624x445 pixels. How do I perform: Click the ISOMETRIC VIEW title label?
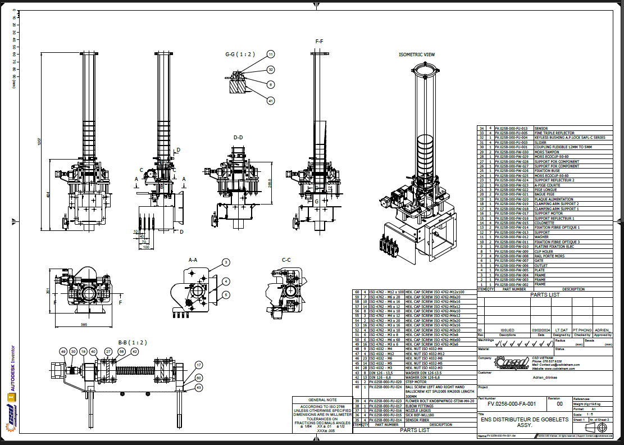pos(417,55)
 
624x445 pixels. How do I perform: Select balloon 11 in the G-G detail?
pos(271,55)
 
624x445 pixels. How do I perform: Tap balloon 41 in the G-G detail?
pos(271,101)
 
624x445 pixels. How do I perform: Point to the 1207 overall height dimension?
pos(39,142)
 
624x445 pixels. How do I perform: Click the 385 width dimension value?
pos(83,324)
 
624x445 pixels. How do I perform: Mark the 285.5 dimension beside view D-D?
pos(270,184)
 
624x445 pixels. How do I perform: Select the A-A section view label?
pos(193,260)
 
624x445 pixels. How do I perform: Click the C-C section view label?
pos(286,260)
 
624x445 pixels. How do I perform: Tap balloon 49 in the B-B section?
pos(63,351)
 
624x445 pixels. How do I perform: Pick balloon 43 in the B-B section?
pos(199,387)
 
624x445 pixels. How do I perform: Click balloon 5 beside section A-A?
pos(226,294)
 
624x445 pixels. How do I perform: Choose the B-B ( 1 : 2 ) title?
pos(131,342)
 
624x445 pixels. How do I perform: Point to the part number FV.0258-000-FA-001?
pos(512,403)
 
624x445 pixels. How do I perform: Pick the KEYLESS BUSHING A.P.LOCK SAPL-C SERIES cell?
pos(570,138)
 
